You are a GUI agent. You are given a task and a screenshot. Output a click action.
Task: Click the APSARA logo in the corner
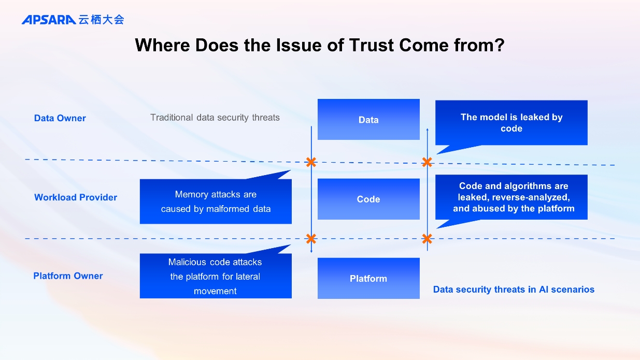(49, 20)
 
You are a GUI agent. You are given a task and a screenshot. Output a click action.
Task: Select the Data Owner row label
(60, 118)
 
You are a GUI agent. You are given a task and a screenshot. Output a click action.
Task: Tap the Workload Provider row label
(76, 197)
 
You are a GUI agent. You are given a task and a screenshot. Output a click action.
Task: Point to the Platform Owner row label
(68, 276)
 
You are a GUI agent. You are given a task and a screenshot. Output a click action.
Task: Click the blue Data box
(368, 120)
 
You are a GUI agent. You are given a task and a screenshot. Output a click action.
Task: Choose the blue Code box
(368, 199)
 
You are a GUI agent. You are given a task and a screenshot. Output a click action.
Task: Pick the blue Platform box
(368, 278)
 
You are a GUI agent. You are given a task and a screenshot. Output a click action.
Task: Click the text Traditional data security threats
(215, 118)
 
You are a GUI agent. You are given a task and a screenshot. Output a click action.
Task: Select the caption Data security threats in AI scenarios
(514, 290)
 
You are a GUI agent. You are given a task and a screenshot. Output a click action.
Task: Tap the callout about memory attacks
(216, 201)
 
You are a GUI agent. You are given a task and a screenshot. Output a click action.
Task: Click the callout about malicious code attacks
(216, 276)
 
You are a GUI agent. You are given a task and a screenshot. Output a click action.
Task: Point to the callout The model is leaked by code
(511, 123)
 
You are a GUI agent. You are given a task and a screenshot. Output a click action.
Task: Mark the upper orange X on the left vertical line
(311, 162)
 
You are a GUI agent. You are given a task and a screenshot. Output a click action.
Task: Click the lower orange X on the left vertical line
(311, 239)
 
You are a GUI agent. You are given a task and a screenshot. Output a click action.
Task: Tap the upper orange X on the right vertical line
(427, 162)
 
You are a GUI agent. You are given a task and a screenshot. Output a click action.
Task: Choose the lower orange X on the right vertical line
(427, 239)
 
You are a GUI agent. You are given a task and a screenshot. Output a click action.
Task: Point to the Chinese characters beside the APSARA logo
(102, 20)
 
